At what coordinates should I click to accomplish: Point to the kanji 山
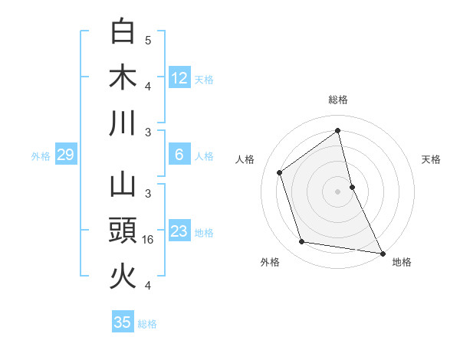[123, 184]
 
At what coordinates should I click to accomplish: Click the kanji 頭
[123, 230]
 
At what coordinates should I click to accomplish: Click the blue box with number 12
[179, 77]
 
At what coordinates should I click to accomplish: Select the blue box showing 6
[179, 155]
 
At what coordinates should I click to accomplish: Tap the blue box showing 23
[179, 231]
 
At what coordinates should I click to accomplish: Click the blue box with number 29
[65, 155]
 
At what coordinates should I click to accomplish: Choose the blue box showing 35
[123, 322]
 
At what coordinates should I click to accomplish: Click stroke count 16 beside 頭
[149, 240]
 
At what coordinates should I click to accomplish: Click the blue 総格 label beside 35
[147, 324]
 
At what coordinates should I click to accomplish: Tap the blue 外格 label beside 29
[41, 156]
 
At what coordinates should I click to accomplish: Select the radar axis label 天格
[432, 159]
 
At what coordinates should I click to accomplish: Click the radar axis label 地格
[402, 262]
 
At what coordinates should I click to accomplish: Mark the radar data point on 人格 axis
[280, 172]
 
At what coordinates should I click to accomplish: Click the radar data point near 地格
[382, 253]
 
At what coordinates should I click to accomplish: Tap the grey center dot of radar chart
[337, 191]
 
